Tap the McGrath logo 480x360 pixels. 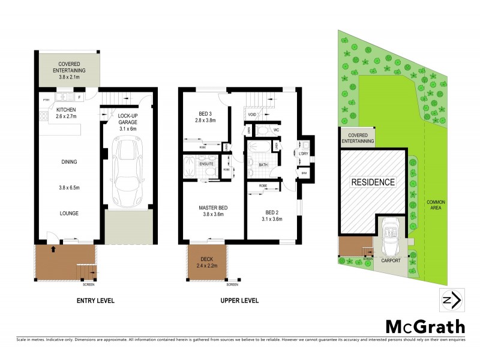pyautogui.click(x=425, y=326)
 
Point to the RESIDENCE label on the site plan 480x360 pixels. pyautogui.click(x=373, y=182)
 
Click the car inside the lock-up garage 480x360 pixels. pyautogui.click(x=127, y=169)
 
